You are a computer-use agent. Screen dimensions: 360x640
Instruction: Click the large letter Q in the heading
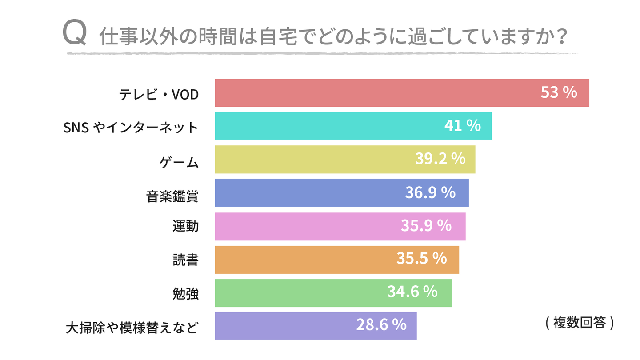74,33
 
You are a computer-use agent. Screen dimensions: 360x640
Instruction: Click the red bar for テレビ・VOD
378,93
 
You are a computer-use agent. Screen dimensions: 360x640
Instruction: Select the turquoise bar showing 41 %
329,126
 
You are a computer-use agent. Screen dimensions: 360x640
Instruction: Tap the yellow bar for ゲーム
311,160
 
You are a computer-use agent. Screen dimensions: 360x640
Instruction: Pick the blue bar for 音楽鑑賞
307,193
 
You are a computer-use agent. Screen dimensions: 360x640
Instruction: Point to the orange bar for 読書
302,260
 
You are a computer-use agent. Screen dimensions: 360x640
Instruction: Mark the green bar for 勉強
298,293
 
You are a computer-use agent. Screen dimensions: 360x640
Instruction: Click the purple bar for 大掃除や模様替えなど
284,326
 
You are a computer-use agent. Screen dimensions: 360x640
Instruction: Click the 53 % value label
559,92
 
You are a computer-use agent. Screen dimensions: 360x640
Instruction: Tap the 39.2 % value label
440,159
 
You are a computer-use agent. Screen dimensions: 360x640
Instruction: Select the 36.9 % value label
430,192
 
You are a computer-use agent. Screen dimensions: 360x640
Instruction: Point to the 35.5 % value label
421,258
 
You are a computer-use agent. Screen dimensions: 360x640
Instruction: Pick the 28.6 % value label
381,324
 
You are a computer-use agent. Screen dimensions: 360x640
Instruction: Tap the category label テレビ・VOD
158,94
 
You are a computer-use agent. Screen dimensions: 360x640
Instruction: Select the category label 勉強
185,294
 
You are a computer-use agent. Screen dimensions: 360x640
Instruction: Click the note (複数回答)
579,323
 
